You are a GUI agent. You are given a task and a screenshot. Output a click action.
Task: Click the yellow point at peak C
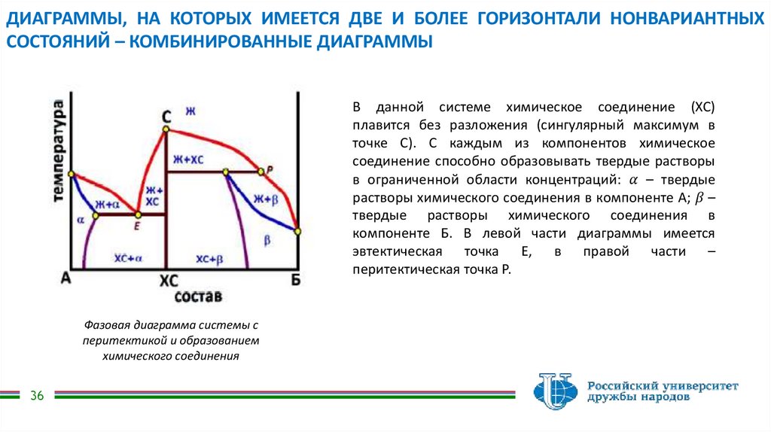pyautogui.click(x=166, y=130)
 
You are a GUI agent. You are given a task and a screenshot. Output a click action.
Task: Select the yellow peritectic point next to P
pyautogui.click(x=261, y=172)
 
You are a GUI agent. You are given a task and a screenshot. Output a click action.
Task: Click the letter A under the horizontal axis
pyautogui.click(x=66, y=278)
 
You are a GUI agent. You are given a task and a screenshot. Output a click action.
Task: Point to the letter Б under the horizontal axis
pyautogui.click(x=297, y=279)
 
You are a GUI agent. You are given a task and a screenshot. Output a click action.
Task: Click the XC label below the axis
pyautogui.click(x=169, y=280)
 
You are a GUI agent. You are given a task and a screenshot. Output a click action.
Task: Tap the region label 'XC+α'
pyautogui.click(x=128, y=257)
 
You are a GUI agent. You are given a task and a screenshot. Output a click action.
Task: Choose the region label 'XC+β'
pyautogui.click(x=210, y=258)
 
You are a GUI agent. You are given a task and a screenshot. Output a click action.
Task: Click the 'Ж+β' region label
pyautogui.click(x=266, y=199)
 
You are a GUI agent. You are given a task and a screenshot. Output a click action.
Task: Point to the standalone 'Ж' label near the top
pyautogui.click(x=190, y=112)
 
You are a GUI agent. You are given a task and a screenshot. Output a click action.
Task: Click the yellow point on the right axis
pyautogui.click(x=298, y=231)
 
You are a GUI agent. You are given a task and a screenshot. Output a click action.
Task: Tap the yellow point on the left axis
pyautogui.click(x=72, y=175)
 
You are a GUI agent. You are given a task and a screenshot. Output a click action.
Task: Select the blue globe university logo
pyautogui.click(x=556, y=392)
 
